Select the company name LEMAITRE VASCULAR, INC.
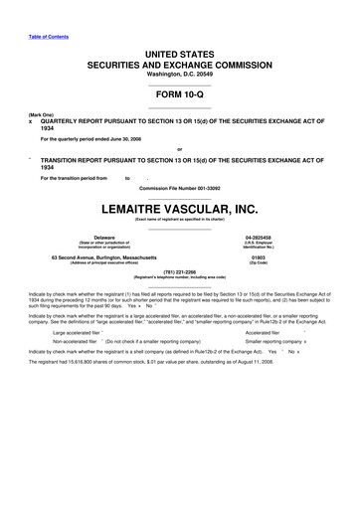(x=180, y=209)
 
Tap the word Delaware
(x=104, y=238)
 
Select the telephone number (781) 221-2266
(x=180, y=277)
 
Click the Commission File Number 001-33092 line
(x=180, y=188)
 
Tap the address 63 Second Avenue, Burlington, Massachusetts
(x=104, y=257)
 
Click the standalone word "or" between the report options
(x=179, y=150)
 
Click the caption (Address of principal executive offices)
(x=104, y=263)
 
